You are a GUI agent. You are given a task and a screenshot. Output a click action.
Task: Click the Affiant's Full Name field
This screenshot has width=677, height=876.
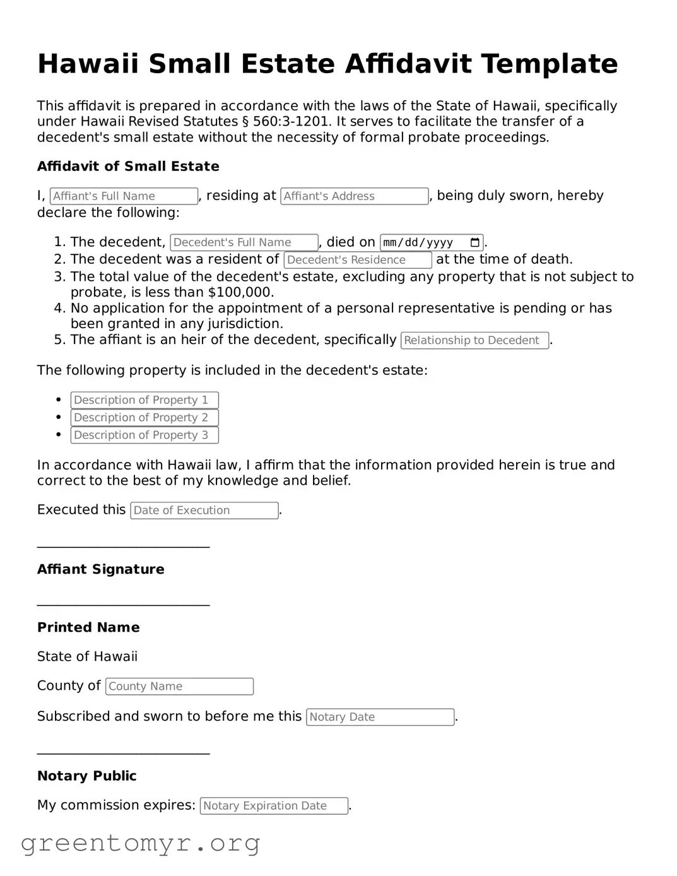coord(124,196)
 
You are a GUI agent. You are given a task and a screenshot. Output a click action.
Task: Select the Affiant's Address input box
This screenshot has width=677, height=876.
coord(355,196)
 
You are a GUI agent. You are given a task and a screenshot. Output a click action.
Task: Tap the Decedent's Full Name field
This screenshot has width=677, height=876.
coord(244,242)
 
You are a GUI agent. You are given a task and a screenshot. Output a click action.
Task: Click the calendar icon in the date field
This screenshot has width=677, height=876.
coord(475,242)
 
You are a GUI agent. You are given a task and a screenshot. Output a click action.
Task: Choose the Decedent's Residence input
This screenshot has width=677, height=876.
coord(358,260)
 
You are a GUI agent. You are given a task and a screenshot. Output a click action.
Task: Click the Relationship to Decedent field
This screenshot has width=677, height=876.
coord(474,340)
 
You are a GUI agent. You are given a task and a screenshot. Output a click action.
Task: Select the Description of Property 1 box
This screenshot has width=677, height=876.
coord(144,400)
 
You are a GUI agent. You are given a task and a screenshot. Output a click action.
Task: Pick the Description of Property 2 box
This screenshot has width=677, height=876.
coord(144,418)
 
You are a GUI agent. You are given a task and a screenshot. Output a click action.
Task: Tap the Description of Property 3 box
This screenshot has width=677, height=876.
coord(144,435)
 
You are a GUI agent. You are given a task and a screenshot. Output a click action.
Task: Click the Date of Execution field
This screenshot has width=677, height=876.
coord(204,511)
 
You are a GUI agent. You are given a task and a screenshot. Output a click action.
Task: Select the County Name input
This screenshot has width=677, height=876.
coord(180,687)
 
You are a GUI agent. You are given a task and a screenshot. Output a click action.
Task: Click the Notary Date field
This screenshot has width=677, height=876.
coord(380,717)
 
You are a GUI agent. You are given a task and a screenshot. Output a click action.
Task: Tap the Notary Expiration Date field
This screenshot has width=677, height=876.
coord(274,806)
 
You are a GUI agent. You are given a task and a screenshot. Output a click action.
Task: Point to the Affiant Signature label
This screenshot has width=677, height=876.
coord(101,569)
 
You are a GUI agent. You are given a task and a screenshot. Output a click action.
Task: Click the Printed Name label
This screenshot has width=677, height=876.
coord(88,627)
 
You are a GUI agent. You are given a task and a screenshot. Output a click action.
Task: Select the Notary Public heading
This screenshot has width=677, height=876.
coord(87,776)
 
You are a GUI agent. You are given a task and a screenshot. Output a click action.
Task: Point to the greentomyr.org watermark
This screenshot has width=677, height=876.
coord(140,843)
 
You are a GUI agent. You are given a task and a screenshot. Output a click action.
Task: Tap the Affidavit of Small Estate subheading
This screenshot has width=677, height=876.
coord(128,167)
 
